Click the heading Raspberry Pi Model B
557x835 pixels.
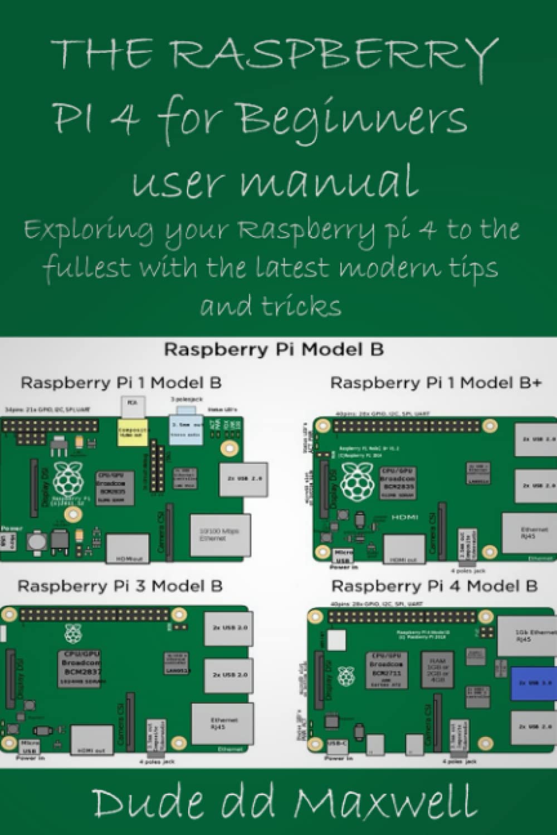pos(273,350)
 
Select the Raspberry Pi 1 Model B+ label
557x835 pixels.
pos(436,383)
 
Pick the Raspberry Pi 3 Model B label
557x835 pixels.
pos(120,586)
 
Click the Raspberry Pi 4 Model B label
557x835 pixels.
pos(434,586)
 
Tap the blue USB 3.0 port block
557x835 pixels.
pos(534,682)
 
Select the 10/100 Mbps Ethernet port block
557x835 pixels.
pos(219,535)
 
